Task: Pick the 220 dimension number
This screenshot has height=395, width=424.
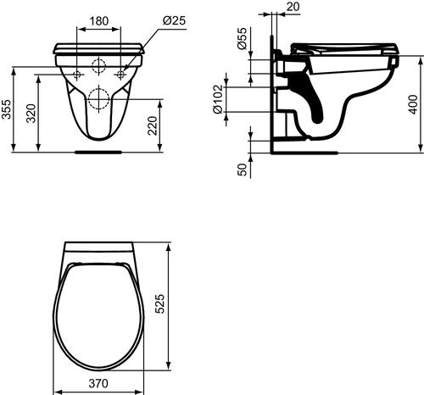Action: pyautogui.click(x=174, y=127)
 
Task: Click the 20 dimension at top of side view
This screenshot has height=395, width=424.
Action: pyautogui.click(x=293, y=8)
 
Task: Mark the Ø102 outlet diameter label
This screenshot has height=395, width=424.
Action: pyautogui.click(x=242, y=99)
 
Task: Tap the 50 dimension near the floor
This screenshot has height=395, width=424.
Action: pyautogui.click(x=242, y=169)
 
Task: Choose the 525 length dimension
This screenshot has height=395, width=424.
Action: pyautogui.click(x=181, y=303)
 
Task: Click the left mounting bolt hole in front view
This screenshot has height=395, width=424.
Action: pyautogui.click(x=79, y=75)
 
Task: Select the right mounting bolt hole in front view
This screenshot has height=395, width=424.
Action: pyautogui.click(x=122, y=75)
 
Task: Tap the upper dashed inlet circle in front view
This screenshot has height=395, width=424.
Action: pyautogui.click(x=100, y=67)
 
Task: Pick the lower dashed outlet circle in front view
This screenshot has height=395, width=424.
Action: pyautogui.click(x=100, y=99)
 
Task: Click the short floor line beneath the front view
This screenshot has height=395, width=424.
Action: pyautogui.click(x=100, y=153)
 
